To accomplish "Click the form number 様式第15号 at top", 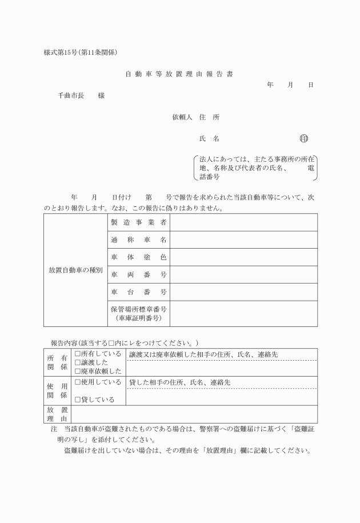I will point(65,53).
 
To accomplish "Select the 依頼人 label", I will point(183,117).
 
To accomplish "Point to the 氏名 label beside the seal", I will point(209,138).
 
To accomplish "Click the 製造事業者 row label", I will point(139,222).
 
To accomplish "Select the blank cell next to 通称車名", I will point(243,239).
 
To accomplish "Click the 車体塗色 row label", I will point(139,257).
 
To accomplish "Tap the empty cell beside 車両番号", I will point(243,274).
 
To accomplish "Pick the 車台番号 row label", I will point(139,292).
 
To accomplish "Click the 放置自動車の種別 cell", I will point(75,270).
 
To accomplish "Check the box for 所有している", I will point(78,354).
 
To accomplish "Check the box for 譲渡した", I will point(78,362).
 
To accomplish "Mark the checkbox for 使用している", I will point(78,381).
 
